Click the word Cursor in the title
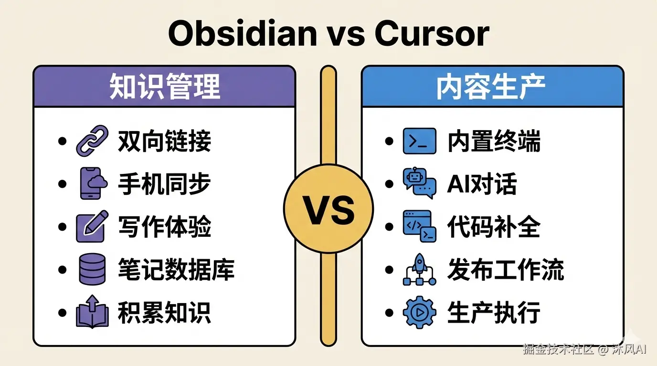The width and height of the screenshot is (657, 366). pyautogui.click(x=432, y=34)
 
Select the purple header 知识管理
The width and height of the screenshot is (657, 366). pyautogui.click(x=165, y=87)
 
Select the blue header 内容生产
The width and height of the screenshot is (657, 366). pyautogui.click(x=492, y=87)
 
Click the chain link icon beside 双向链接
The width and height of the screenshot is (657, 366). pyautogui.click(x=92, y=141)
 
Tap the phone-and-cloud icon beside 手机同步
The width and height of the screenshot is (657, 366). pyautogui.click(x=92, y=183)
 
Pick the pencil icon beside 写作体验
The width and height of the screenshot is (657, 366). pyautogui.click(x=92, y=226)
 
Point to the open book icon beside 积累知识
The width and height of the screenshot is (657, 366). pyautogui.click(x=92, y=312)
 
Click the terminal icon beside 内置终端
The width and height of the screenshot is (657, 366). pyautogui.click(x=419, y=141)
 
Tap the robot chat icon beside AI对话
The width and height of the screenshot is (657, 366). pyautogui.click(x=419, y=183)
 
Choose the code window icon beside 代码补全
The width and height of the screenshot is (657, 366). pyautogui.click(x=419, y=226)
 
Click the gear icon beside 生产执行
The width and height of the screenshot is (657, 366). pyautogui.click(x=419, y=312)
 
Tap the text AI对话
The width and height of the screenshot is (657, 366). pyautogui.click(x=481, y=184)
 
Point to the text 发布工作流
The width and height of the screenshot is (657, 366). pyautogui.click(x=505, y=270)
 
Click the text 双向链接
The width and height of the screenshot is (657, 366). pyautogui.click(x=164, y=142)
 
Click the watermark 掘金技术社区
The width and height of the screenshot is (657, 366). pyautogui.click(x=558, y=349)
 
